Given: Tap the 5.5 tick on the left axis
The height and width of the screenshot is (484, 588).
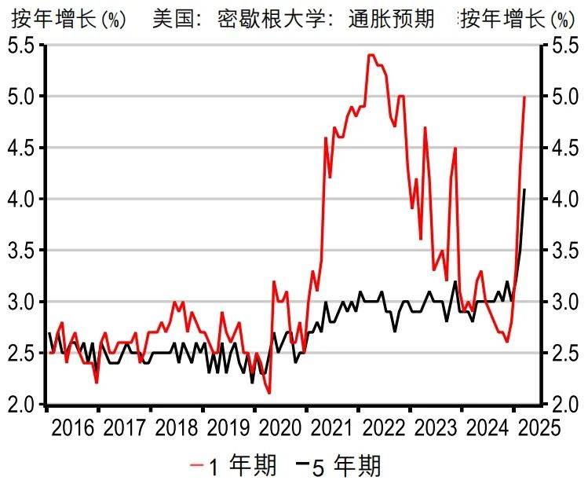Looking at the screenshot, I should click(22, 46).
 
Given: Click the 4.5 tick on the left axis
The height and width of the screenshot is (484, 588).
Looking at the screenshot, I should click(22, 148).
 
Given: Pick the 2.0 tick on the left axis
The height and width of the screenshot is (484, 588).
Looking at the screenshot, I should click(22, 405).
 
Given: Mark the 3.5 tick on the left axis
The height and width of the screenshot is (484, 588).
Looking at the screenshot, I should click(22, 251).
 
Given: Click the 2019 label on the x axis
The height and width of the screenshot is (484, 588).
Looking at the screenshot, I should click(228, 430).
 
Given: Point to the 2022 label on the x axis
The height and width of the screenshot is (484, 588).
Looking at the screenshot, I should click(383, 430).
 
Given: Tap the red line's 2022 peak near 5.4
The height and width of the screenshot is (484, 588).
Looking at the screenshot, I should click(371, 55).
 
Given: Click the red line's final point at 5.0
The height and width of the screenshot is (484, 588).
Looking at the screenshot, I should click(524, 97).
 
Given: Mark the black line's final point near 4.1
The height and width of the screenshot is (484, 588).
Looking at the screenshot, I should click(524, 189).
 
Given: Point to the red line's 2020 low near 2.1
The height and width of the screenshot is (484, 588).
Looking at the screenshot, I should click(269, 393).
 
